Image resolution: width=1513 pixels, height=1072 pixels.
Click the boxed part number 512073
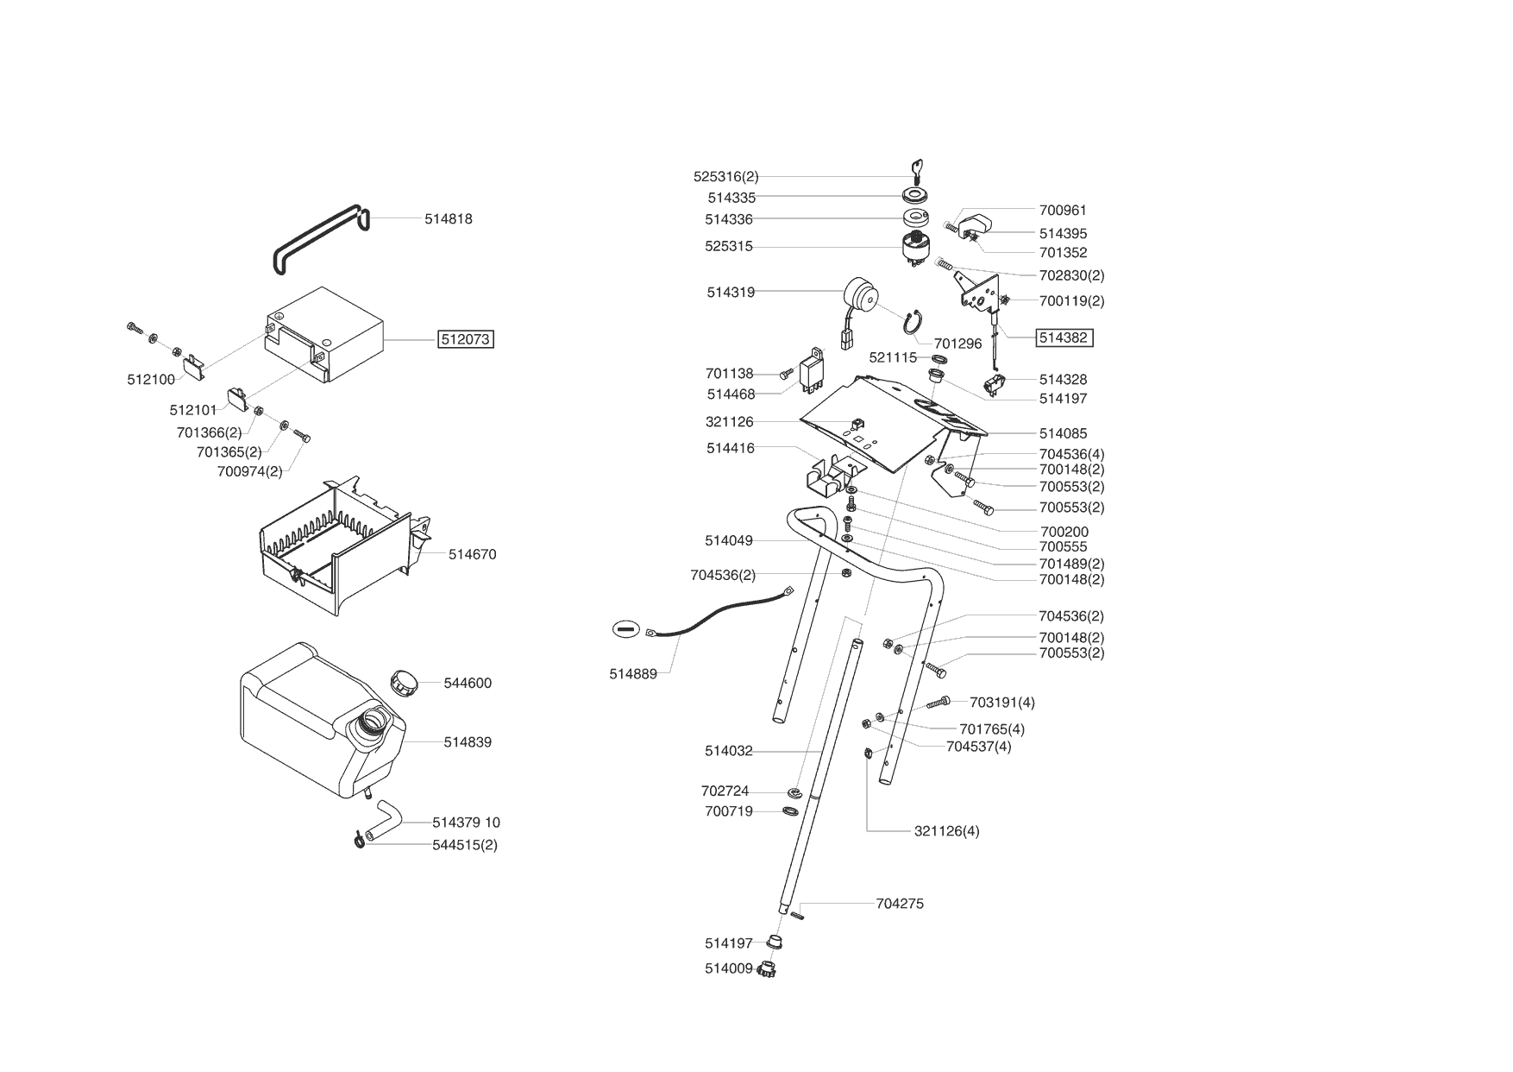tap(466, 339)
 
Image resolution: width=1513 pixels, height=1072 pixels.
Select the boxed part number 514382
tap(1064, 337)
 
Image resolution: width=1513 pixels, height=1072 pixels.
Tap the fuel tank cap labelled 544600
tap(404, 682)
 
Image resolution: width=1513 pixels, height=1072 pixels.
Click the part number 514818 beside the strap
tap(448, 219)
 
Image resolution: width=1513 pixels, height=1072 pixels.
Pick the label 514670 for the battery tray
tap(472, 554)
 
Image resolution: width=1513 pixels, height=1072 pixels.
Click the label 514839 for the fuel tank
tap(468, 741)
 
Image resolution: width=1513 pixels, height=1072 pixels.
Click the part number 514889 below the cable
tap(633, 674)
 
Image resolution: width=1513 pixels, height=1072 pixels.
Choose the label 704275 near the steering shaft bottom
tap(900, 904)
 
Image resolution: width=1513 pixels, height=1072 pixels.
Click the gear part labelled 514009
tap(766, 969)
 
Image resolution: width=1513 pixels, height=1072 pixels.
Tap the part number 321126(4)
tap(946, 831)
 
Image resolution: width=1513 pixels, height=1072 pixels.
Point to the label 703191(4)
tap(1002, 703)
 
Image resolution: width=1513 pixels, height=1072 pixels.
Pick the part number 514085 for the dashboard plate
tap(1063, 433)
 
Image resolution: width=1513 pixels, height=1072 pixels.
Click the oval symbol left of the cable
tap(625, 629)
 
